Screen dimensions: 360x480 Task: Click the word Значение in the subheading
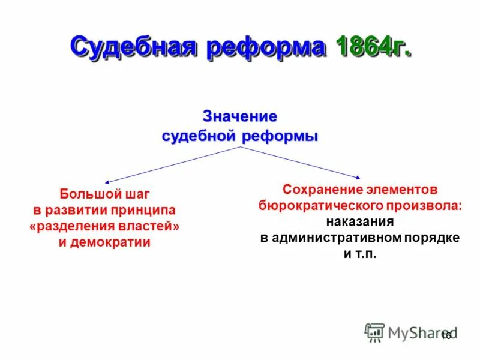240,116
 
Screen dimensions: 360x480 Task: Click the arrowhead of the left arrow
106,181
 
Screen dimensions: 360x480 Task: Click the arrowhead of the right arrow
358,177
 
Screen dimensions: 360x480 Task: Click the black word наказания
360,221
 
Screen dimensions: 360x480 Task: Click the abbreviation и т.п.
360,254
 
